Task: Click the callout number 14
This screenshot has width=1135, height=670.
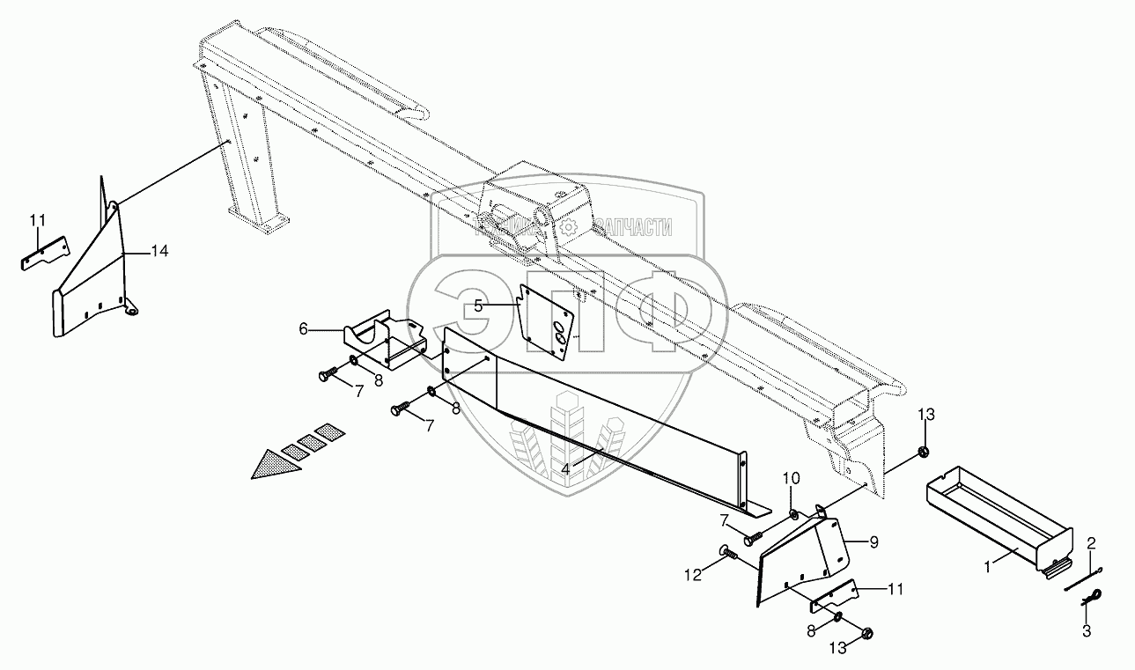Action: point(158,252)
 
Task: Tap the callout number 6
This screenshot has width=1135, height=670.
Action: point(304,328)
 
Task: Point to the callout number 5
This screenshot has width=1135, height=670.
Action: point(478,306)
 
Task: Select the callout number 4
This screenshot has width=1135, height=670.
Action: point(566,469)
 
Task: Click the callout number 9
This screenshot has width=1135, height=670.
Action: point(873,543)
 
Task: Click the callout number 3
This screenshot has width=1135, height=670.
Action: point(1087,630)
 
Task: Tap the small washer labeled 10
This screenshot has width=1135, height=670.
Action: point(793,514)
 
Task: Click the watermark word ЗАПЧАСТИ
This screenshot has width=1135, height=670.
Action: point(631,228)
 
